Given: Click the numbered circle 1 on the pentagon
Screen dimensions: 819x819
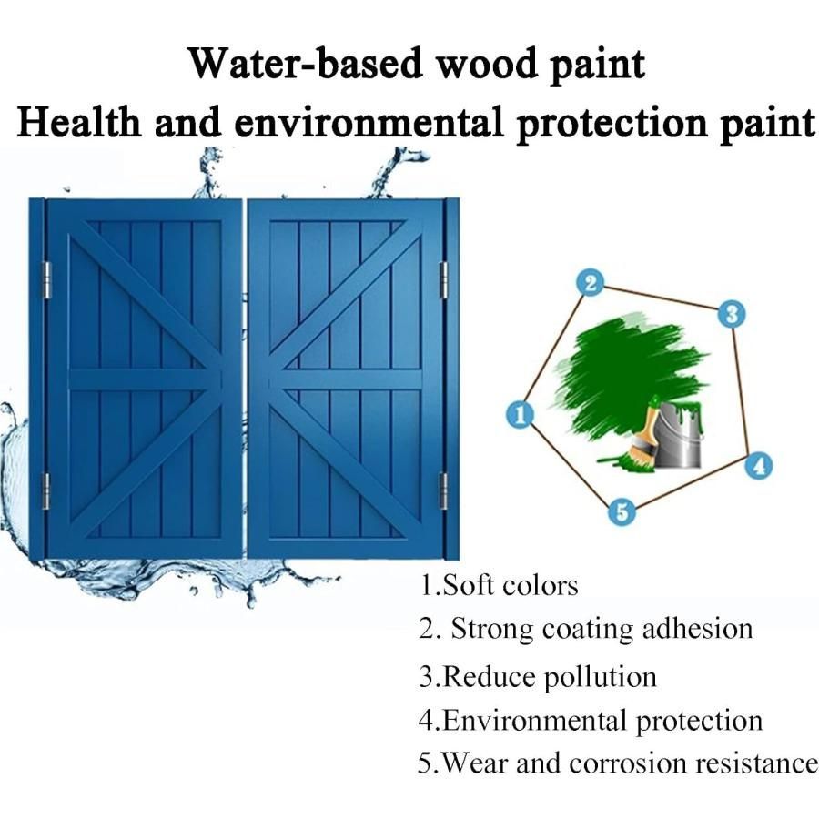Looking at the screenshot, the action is (x=521, y=415).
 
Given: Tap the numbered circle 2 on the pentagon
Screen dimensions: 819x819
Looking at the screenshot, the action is (x=591, y=283).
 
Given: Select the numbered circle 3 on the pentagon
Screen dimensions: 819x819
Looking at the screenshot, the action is (x=732, y=315).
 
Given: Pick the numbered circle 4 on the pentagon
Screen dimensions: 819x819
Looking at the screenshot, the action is (x=758, y=465).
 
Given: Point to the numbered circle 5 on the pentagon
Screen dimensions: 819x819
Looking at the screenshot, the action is (x=622, y=511).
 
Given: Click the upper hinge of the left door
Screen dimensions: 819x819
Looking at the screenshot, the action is (x=46, y=280).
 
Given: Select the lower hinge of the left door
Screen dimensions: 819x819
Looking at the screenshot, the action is (x=45, y=491).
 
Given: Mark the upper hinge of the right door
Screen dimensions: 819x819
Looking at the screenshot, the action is (x=443, y=280).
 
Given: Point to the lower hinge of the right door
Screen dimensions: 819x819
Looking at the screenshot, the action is (x=443, y=491).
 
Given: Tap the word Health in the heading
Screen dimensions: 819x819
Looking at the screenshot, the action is (x=79, y=122).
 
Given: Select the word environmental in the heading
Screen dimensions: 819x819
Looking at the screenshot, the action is (x=369, y=122).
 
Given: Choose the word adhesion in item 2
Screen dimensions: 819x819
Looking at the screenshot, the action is (x=697, y=628).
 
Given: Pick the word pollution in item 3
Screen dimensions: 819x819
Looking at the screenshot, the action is (x=601, y=677).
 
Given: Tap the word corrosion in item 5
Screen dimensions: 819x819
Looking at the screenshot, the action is (x=627, y=763).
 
